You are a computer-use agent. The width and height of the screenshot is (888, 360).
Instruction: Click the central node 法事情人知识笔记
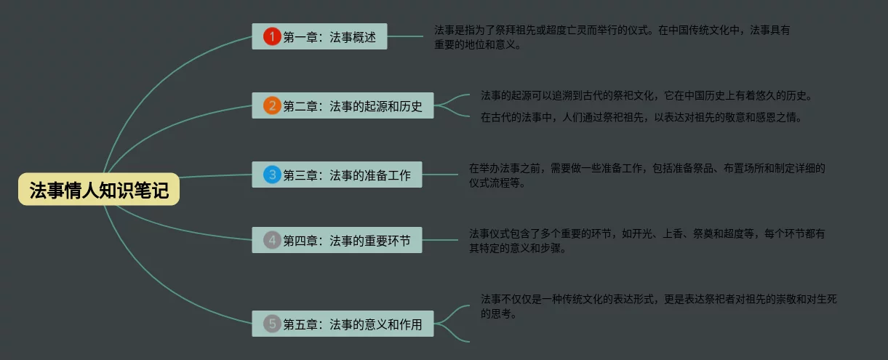pos(99,190)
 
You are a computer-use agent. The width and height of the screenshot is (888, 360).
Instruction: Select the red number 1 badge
pos(272,36)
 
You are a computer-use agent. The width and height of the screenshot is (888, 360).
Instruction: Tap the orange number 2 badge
pos(272,105)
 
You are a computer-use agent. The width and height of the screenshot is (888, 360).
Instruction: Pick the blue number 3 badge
pos(272,175)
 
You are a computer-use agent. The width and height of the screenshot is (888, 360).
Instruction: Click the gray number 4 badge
pos(272,239)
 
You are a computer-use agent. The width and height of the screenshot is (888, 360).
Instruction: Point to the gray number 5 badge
pos(272,324)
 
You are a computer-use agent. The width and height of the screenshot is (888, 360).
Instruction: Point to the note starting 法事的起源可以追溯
pos(646,95)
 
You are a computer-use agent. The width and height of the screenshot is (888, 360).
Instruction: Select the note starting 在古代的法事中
pos(641,117)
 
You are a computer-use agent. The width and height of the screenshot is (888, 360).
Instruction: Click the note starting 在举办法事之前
pos(647,175)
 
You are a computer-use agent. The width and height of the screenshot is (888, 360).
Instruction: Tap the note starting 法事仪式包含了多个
pos(647,240)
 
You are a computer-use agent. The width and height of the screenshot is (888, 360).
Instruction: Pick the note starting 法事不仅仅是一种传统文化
pos(659,306)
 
